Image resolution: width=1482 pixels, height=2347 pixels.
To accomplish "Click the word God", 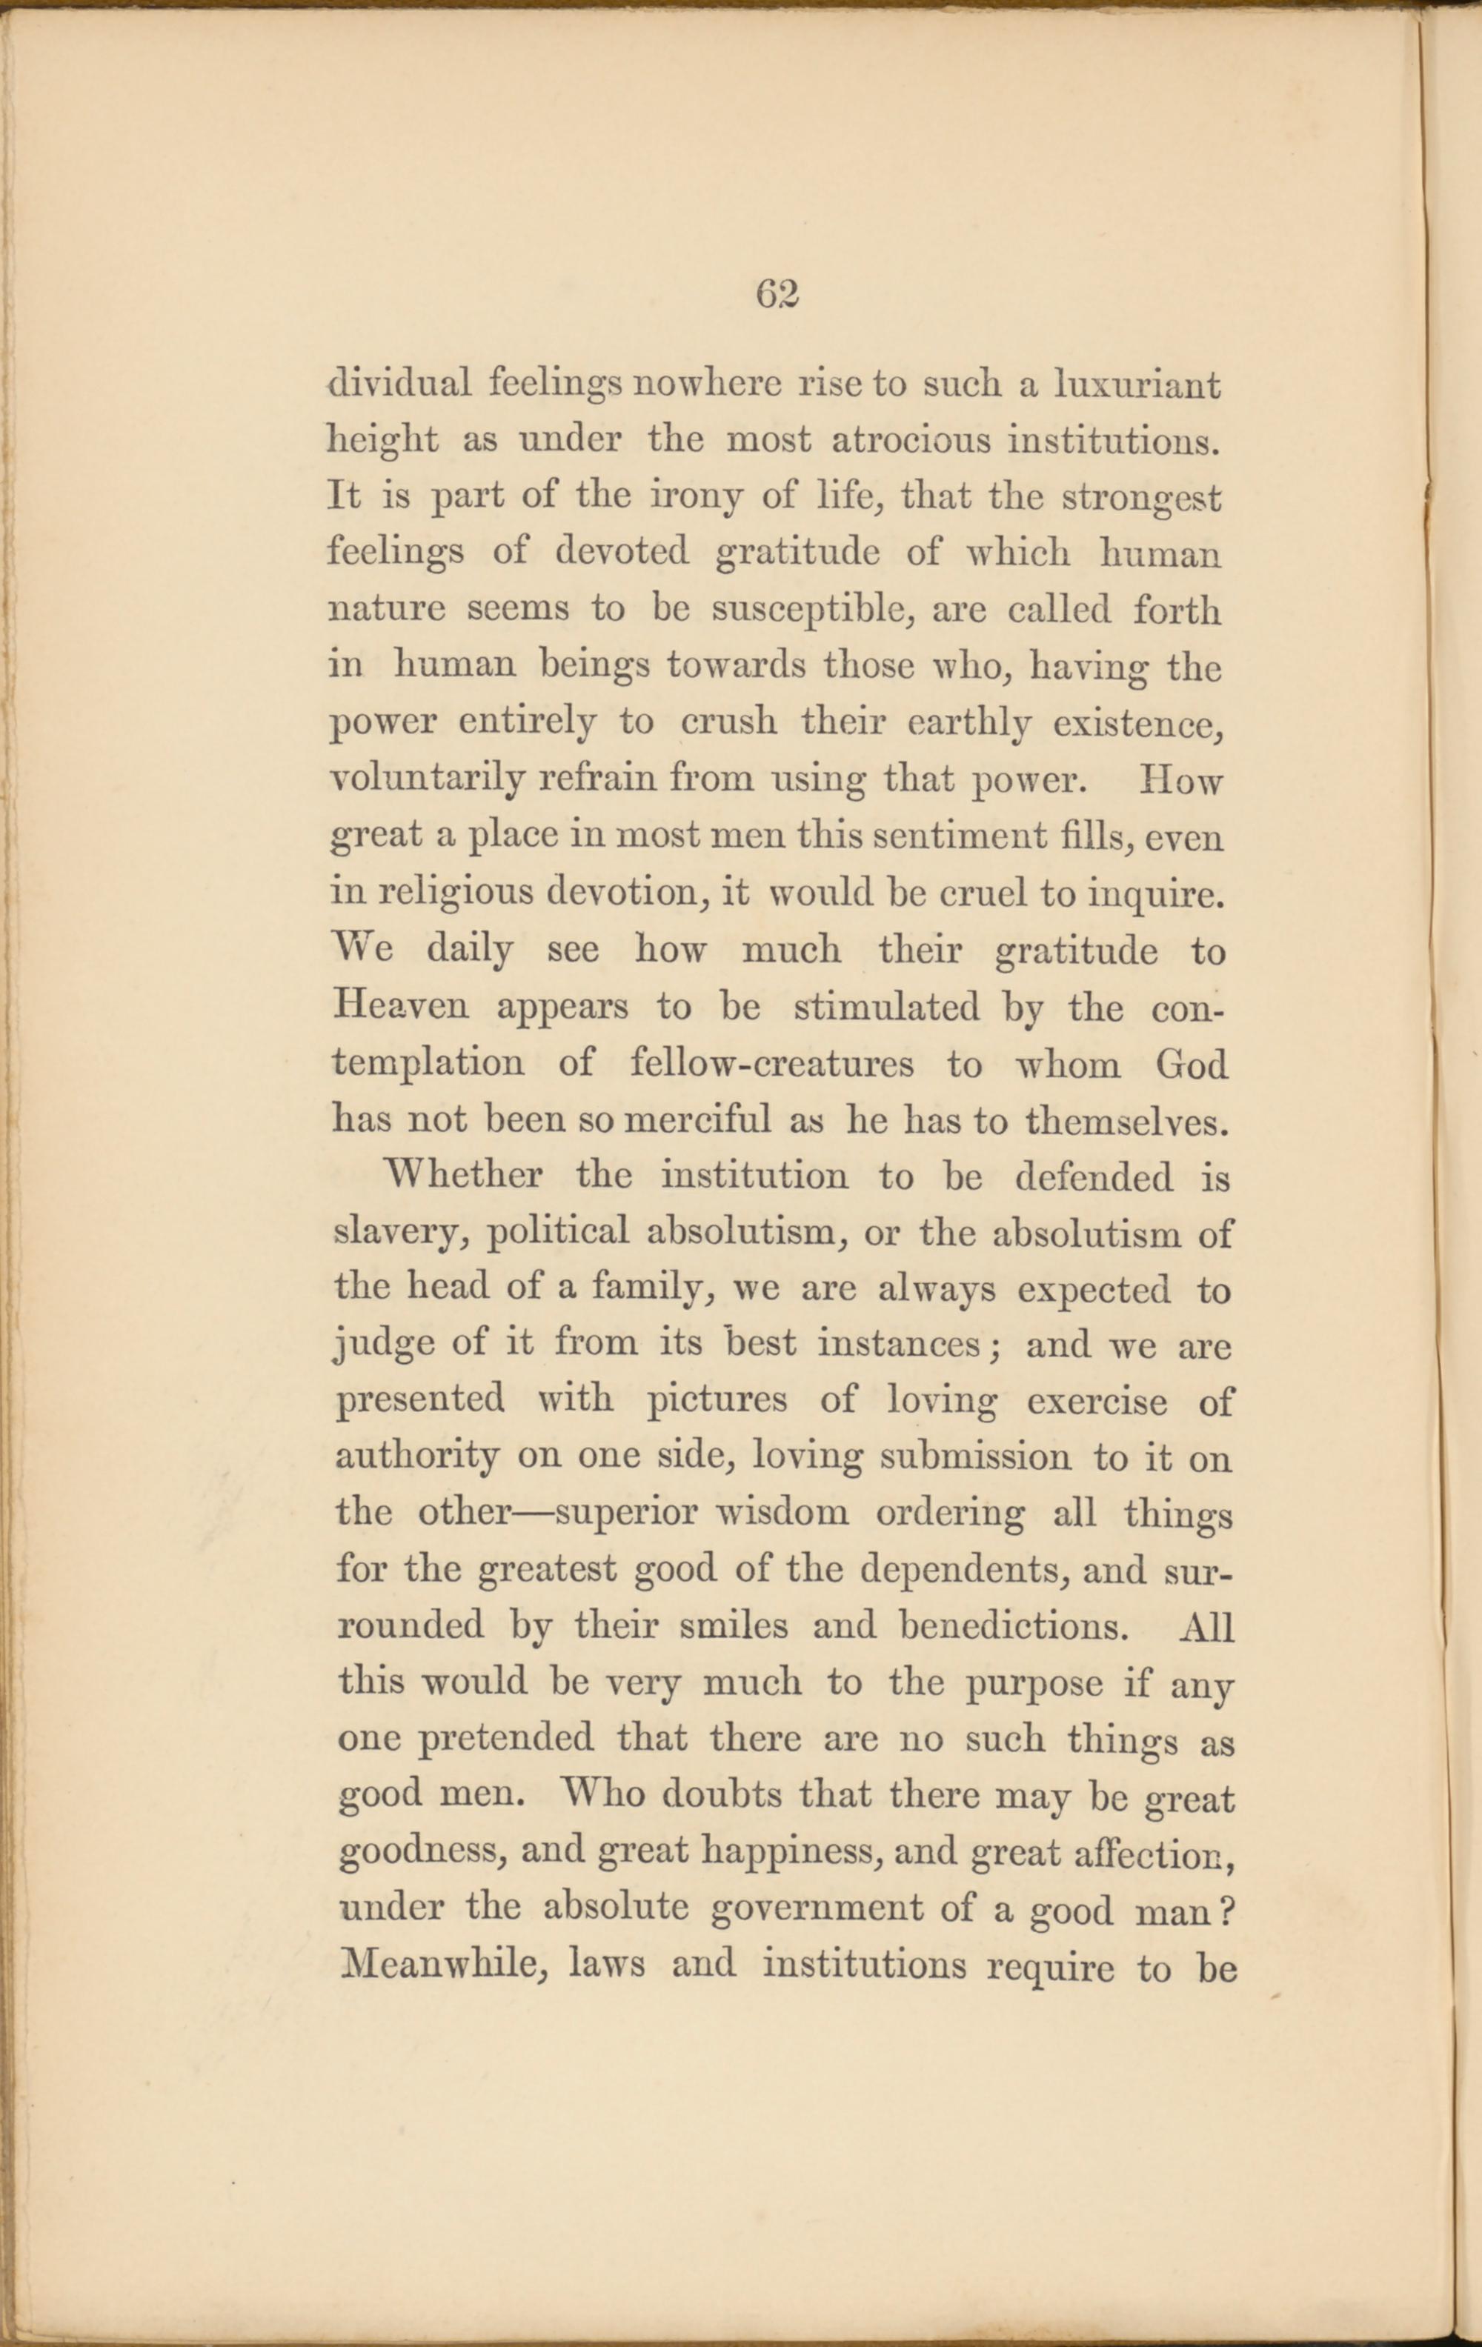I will tap(1191, 1062).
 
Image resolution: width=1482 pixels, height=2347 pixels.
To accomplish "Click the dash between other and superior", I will tap(534, 1514).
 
